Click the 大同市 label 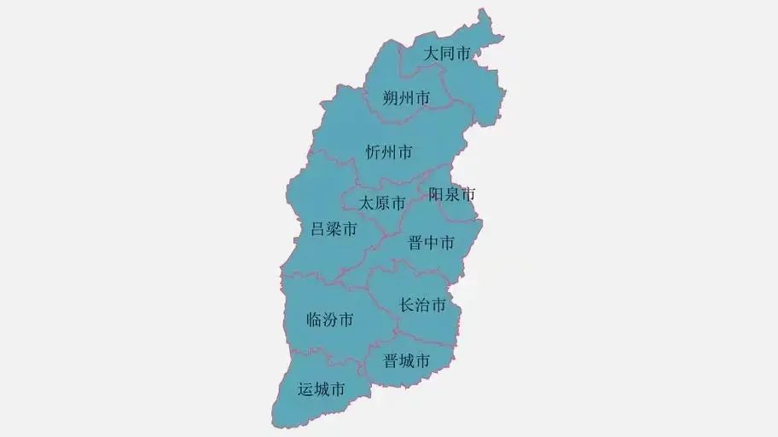(x=448, y=54)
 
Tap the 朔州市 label (x=406, y=98)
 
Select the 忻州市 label (x=389, y=152)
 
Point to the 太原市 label (x=381, y=204)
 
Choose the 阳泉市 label (x=452, y=194)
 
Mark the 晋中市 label (x=431, y=243)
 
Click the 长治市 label (x=423, y=304)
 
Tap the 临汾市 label (x=329, y=320)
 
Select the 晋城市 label (x=406, y=360)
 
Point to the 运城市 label (x=322, y=389)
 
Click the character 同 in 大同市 (x=448, y=54)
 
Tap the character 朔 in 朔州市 (x=391, y=98)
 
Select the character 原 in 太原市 (x=381, y=204)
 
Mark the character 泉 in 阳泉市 (x=452, y=194)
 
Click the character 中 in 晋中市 (x=431, y=243)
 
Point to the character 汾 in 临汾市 (x=329, y=320)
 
